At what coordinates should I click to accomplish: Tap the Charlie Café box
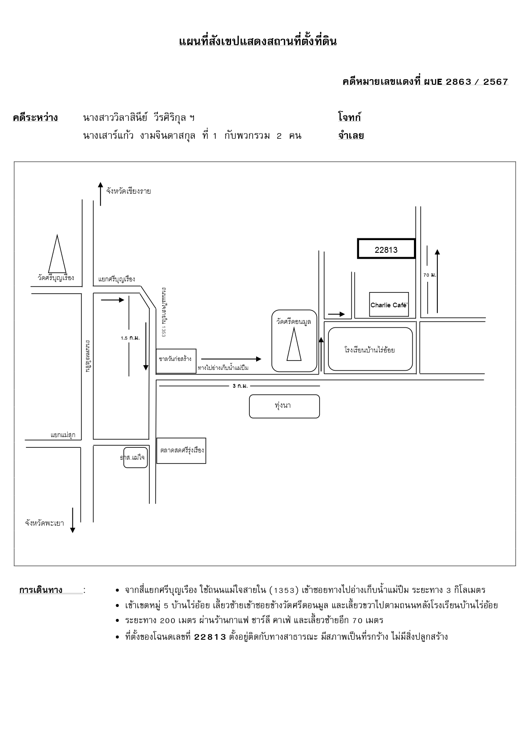click(x=389, y=304)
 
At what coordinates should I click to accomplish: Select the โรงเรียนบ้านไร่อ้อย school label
click(x=370, y=350)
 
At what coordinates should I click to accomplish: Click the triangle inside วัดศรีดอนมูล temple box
click(x=294, y=344)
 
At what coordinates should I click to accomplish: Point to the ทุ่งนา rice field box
click(x=284, y=406)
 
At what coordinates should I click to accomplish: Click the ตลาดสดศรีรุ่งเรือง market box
click(x=182, y=451)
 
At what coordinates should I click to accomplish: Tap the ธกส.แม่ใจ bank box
click(x=136, y=458)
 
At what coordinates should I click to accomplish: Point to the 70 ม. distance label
click(x=430, y=275)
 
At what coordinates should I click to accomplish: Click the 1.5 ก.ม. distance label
click(x=130, y=338)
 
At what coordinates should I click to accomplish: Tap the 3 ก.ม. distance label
click(x=240, y=386)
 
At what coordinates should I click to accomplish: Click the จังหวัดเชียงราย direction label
click(x=128, y=191)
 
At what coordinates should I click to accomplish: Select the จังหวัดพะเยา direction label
click(x=45, y=523)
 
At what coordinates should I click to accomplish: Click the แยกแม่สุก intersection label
click(x=63, y=435)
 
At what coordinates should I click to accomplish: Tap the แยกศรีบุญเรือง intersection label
click(x=117, y=279)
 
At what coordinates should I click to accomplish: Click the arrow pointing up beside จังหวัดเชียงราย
click(x=100, y=194)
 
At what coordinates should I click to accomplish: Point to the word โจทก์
click(x=349, y=117)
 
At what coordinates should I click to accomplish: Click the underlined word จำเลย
click(x=351, y=136)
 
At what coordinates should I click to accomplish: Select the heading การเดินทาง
click(x=41, y=590)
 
